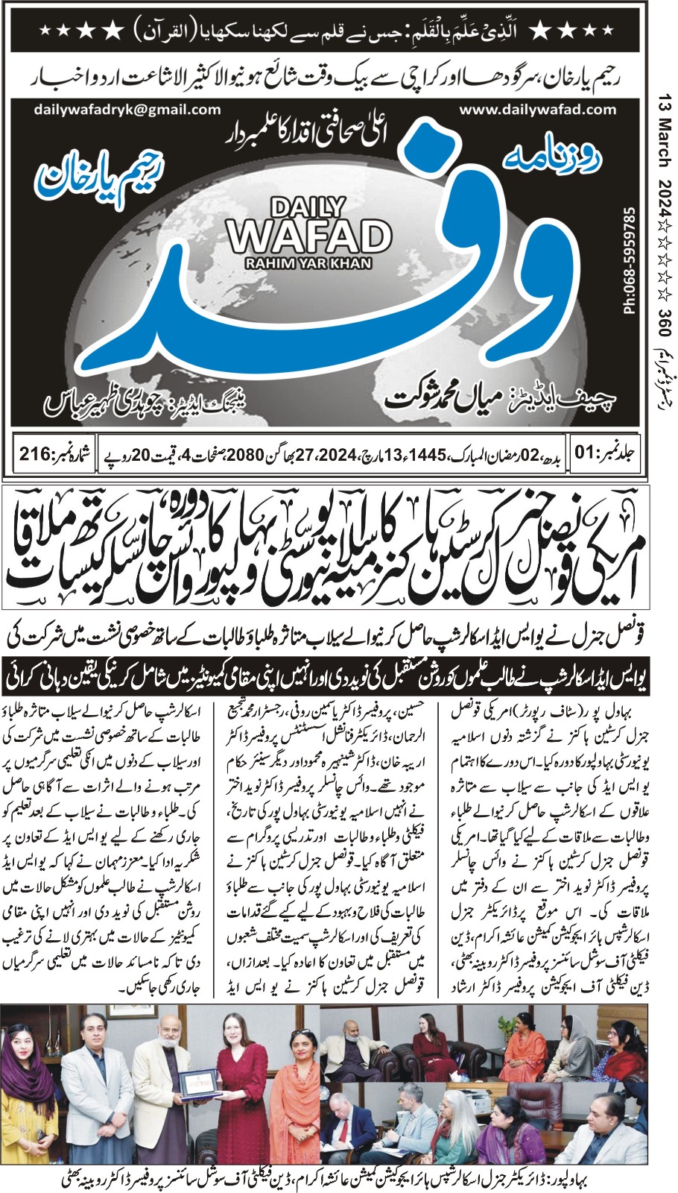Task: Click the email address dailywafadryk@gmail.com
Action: click(x=127, y=109)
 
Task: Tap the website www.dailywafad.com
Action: click(x=538, y=109)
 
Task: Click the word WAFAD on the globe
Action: click(x=309, y=236)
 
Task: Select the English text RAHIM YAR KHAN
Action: click(x=309, y=262)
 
